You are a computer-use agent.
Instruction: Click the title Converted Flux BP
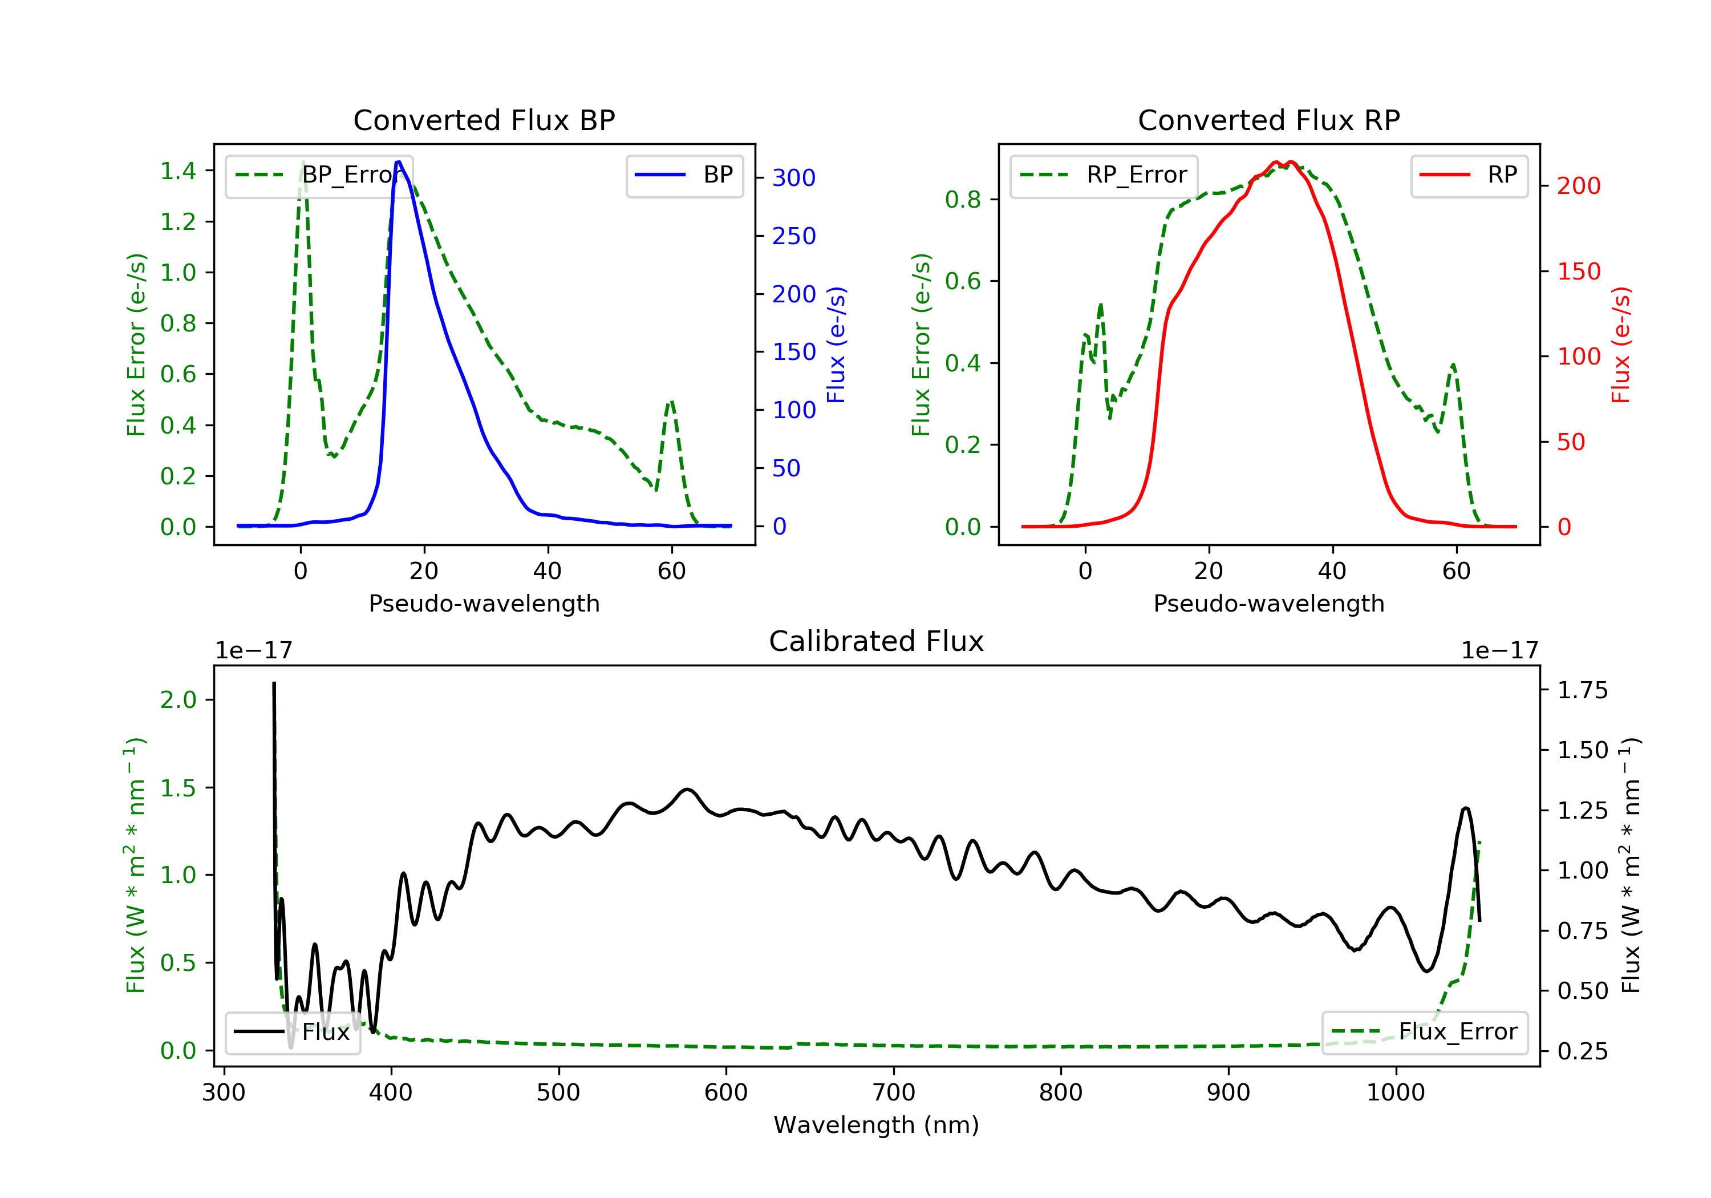click(x=484, y=120)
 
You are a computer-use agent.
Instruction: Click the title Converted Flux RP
click(x=1268, y=120)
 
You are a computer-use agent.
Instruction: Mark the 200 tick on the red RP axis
click(x=1578, y=185)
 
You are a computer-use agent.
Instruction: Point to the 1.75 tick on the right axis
click(x=1582, y=690)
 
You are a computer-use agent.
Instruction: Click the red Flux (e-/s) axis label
click(x=1621, y=345)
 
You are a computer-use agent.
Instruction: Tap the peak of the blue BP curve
click(x=399, y=162)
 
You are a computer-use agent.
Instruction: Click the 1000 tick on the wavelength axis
click(x=1395, y=1093)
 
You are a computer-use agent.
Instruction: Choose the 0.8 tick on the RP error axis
click(x=963, y=200)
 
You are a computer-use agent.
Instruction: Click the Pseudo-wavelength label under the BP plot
click(x=484, y=603)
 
